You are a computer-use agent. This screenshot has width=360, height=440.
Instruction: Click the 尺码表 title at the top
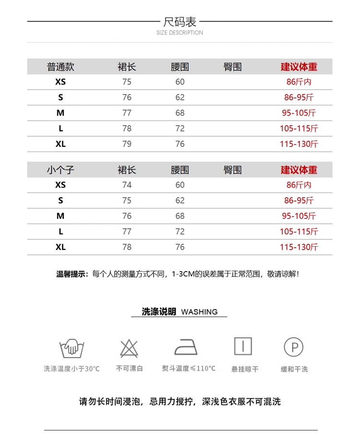[180, 22]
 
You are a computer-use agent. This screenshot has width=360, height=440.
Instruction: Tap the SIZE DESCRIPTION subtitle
[180, 33]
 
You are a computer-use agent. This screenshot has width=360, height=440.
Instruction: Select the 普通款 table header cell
[60, 67]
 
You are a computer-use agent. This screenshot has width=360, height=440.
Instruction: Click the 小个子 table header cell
[60, 170]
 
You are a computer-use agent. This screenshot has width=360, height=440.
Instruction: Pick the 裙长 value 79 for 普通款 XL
[127, 144]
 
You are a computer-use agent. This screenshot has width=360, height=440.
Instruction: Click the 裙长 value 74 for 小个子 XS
[127, 185]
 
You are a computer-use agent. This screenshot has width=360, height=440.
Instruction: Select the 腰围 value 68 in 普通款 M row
[180, 113]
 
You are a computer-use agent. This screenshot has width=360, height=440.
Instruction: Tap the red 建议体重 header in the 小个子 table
[299, 170]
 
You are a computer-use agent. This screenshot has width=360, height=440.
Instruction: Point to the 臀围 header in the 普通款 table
[233, 67]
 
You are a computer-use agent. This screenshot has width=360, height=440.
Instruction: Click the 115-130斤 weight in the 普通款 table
[299, 144]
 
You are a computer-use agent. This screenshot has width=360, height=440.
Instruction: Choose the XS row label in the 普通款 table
[60, 82]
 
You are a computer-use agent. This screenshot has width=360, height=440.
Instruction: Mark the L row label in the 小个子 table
[60, 231]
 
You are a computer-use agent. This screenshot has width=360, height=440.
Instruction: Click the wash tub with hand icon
[72, 346]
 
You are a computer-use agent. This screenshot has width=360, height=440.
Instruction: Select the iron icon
[186, 346]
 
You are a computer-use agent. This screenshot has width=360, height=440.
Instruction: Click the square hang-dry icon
[243, 346]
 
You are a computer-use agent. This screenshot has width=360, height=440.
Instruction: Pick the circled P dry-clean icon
[294, 346]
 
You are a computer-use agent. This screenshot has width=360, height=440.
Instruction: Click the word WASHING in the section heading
[199, 312]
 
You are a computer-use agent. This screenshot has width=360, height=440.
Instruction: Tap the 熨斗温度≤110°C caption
[189, 369]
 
